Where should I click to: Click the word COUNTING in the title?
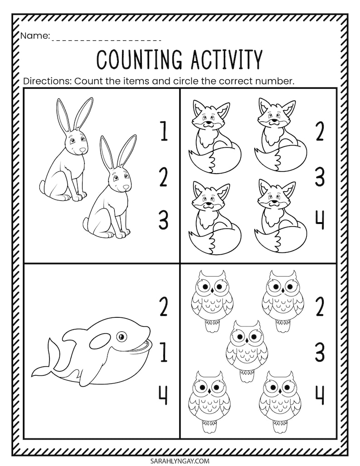click(x=136, y=59)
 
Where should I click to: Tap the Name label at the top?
click(x=34, y=37)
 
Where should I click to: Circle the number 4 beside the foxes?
click(x=320, y=221)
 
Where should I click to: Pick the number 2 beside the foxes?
click(x=320, y=133)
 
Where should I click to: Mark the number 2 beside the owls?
click(x=320, y=309)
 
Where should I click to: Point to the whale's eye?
click(x=122, y=336)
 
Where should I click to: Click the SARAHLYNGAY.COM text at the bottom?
click(x=180, y=460)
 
